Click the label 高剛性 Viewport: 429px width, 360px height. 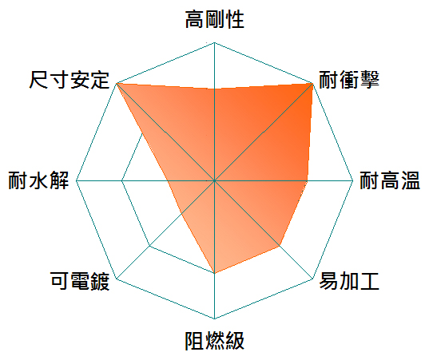pyautogui.click(x=214, y=19)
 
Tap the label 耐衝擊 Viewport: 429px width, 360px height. pyautogui.click(x=349, y=80)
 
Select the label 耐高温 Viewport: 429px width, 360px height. pyautogui.click(x=389, y=180)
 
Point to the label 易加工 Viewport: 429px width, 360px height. pyautogui.click(x=349, y=281)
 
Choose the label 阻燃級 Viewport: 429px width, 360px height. pyautogui.click(x=214, y=341)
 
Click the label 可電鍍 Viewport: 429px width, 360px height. pyautogui.click(x=80, y=281)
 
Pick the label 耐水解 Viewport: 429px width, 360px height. pyautogui.click(x=38, y=180)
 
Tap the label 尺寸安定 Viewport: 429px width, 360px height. pyautogui.click(x=70, y=80)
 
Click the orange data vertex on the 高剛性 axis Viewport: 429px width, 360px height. pyautogui.click(x=214, y=89)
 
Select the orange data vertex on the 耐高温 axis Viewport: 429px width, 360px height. pyautogui.click(x=307, y=180)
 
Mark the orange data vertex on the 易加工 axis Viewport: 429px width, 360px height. pyautogui.click(x=280, y=246)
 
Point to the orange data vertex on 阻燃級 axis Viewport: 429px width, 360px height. pyautogui.click(x=214, y=273)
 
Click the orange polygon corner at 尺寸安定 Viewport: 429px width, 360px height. pyautogui.click(x=117, y=83)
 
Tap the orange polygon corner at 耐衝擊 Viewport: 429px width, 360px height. pyautogui.click(x=312, y=83)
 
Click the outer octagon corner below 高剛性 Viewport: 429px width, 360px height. pyautogui.click(x=214, y=42)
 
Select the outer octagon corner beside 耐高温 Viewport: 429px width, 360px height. pyautogui.click(x=353, y=180)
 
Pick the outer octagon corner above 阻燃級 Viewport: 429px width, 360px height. pyautogui.click(x=214, y=318)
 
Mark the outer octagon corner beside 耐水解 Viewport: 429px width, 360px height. pyautogui.click(x=76, y=180)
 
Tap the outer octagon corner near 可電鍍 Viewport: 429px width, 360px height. pyautogui.click(x=117, y=279)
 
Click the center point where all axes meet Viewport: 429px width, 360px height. pyautogui.click(x=214, y=180)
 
